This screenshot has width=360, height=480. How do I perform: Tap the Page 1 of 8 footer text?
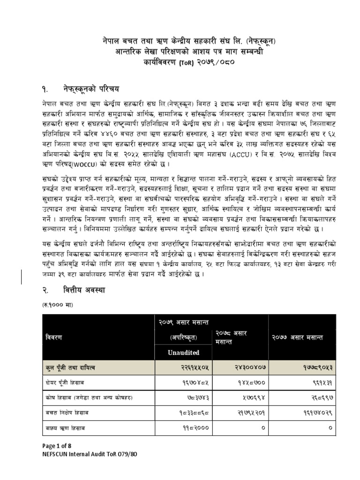pyautogui.click(x=58, y=446)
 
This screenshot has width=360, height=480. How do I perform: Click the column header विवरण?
pyautogui.click(x=54, y=337)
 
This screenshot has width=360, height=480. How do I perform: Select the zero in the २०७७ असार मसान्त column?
pyautogui.click(x=330, y=428)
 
